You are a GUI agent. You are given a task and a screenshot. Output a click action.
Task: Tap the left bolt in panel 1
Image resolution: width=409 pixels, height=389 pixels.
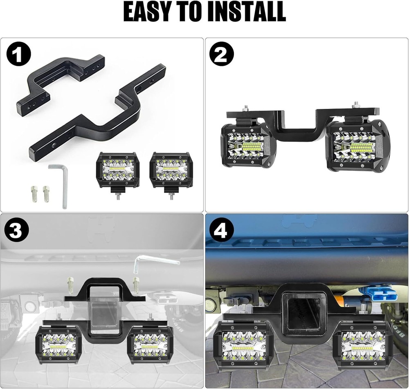pyautogui.click(x=34, y=193)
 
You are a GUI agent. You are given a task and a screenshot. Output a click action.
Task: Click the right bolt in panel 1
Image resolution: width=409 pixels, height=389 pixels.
pyautogui.click(x=46, y=193)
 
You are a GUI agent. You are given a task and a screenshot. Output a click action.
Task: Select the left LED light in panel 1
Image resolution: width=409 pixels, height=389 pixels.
pyautogui.click(x=118, y=170)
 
